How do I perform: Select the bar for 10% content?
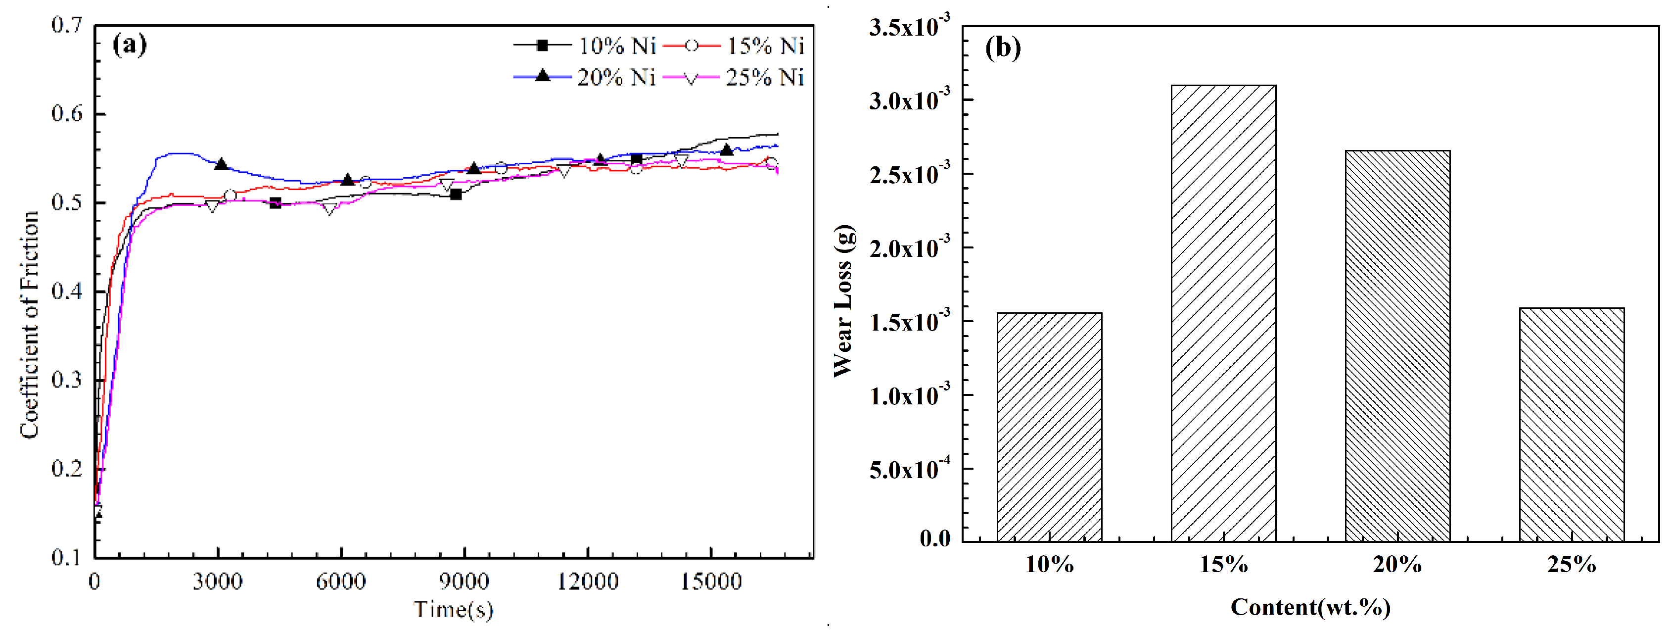point(1049,427)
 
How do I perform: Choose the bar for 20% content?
point(1397,345)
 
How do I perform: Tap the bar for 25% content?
point(1571,424)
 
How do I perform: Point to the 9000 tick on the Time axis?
point(464,581)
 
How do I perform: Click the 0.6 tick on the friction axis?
point(67,114)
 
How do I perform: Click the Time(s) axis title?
point(454,610)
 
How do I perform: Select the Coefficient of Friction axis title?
point(29,325)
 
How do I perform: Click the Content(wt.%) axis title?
point(1310,607)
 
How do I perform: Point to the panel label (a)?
point(130,46)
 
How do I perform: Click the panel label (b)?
point(1003,48)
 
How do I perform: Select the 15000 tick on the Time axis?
point(711,581)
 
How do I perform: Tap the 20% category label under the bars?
point(1397,565)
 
